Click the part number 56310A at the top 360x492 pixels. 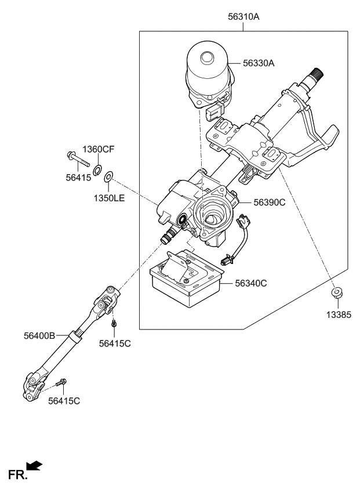(243, 17)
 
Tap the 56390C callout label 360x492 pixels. (270, 202)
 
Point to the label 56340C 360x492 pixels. (251, 284)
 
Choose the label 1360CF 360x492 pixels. (98, 150)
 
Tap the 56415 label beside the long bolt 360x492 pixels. (78, 178)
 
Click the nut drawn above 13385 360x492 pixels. (336, 292)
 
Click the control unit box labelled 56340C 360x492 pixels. (186, 280)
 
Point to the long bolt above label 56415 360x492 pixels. (76, 159)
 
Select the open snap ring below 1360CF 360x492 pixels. (98, 169)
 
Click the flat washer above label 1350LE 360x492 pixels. (110, 176)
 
